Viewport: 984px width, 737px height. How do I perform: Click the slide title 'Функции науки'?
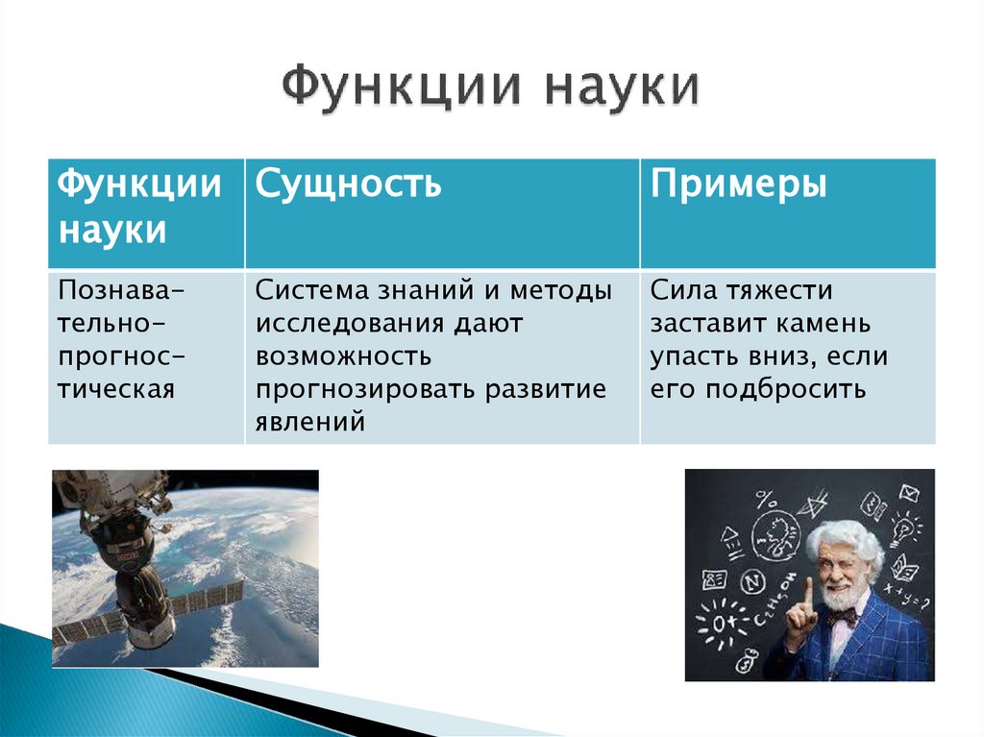click(x=491, y=88)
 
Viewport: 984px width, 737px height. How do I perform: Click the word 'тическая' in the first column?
click(x=115, y=389)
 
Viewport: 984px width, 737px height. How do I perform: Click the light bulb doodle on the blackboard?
click(x=903, y=528)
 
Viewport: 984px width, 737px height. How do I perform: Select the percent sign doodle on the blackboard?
click(x=767, y=499)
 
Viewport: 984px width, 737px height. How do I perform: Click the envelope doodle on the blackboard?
click(x=909, y=493)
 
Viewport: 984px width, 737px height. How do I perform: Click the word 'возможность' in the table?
click(x=343, y=356)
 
